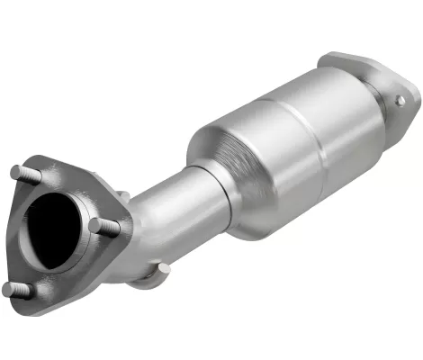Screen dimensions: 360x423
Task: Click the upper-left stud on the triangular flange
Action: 19,170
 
